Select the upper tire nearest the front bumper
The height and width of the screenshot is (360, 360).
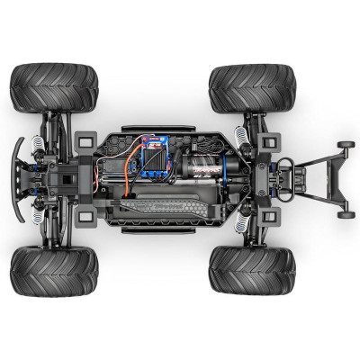click(x=54, y=87)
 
